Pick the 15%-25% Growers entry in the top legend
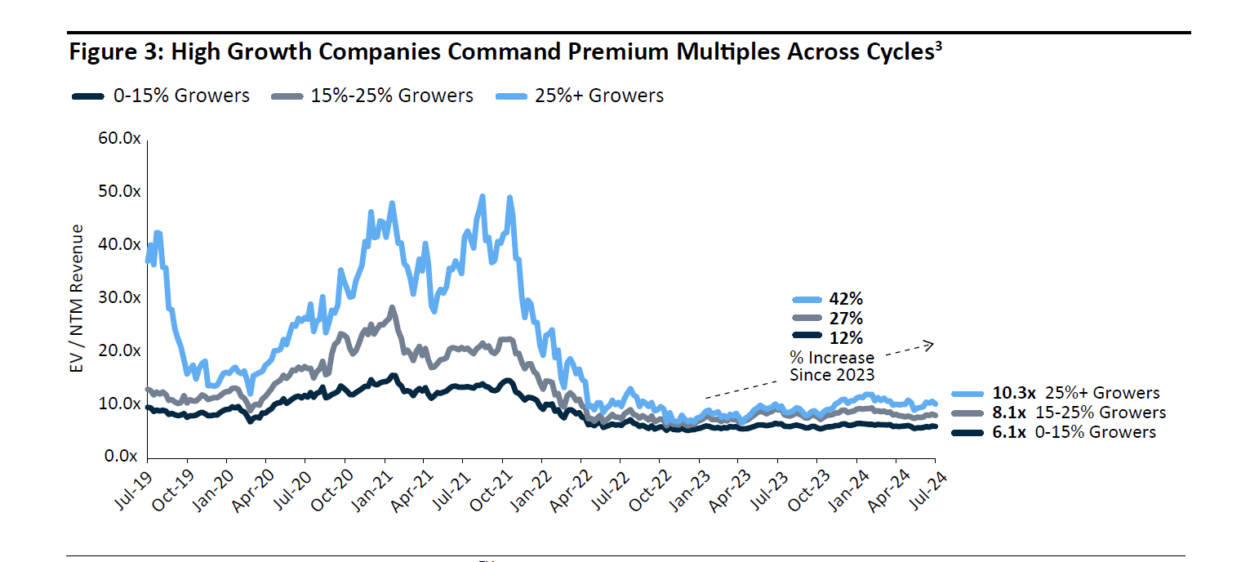391,96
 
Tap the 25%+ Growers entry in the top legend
598,96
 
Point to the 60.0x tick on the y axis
120,138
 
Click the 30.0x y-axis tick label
120,297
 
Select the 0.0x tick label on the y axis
123,457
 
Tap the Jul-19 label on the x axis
134,490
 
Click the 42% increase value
846,299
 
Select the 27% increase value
846,318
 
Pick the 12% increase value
846,337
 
